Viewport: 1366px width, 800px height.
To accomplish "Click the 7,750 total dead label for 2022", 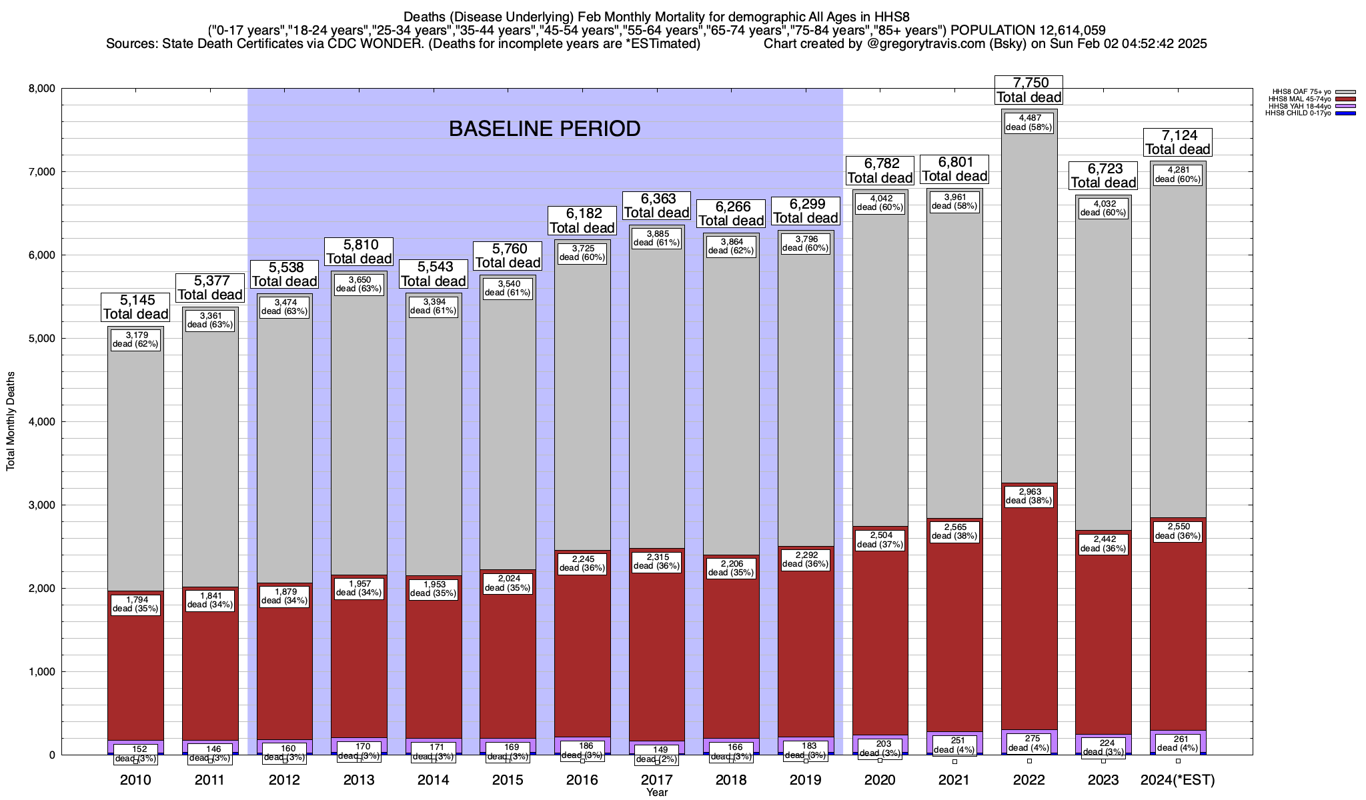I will (x=1029, y=90).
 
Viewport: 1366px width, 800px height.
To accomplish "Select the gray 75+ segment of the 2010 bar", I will (x=135, y=467).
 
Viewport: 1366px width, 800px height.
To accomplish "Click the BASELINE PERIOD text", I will (x=544, y=129).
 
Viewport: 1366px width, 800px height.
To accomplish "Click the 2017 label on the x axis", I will (x=657, y=780).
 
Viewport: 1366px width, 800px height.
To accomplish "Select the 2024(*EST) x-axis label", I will (x=1178, y=780).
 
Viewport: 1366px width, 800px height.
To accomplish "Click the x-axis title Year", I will (x=657, y=793).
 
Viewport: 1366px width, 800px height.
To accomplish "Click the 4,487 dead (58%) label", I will (x=1029, y=123).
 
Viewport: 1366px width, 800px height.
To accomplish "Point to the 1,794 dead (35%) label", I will (x=135, y=604).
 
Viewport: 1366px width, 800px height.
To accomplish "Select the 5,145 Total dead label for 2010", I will (x=135, y=307).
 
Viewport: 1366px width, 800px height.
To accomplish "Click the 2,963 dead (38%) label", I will (x=1029, y=496).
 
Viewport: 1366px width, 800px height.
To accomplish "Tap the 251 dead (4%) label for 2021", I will (x=954, y=745).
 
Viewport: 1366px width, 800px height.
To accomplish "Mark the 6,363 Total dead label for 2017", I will (x=657, y=205).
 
